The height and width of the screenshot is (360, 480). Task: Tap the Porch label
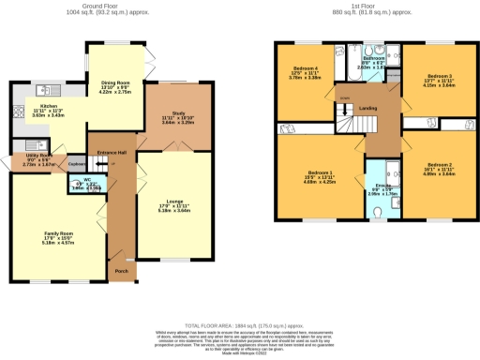(120, 273)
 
